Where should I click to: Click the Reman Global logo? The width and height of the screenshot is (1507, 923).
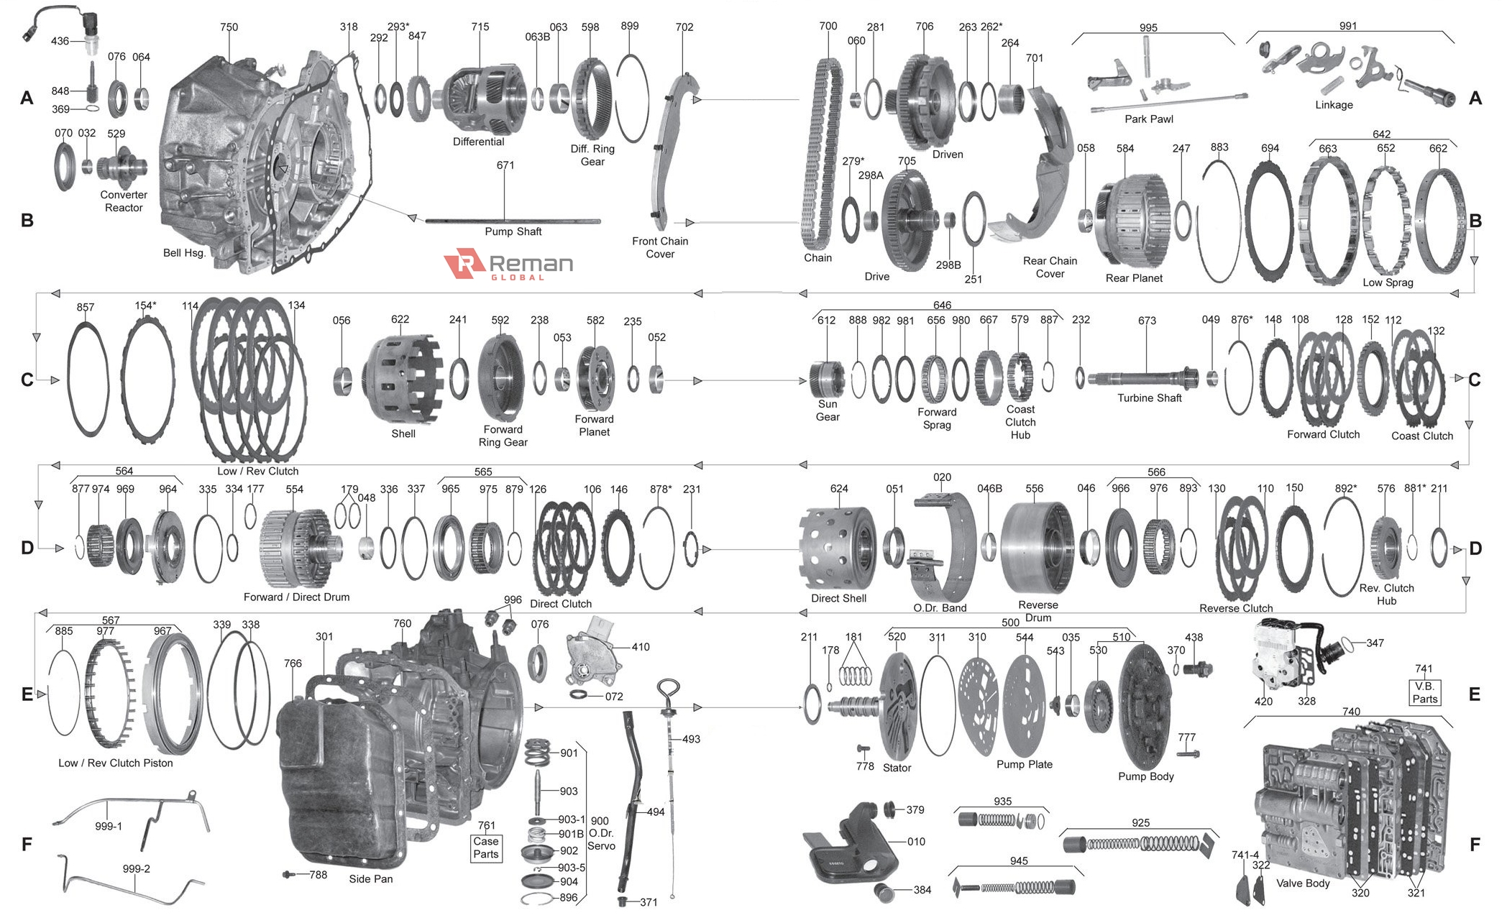click(508, 265)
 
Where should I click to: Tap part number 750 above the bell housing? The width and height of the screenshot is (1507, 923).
click(229, 27)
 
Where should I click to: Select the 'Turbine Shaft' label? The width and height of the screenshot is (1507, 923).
click(1149, 398)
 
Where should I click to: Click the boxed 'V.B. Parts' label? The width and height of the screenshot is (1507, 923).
click(1424, 692)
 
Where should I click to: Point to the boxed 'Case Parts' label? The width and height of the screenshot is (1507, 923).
click(486, 848)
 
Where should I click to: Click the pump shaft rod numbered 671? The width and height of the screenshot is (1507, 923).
click(512, 221)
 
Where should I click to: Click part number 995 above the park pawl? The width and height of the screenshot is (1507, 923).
click(1148, 27)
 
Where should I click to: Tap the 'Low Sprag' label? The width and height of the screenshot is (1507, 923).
click(1388, 283)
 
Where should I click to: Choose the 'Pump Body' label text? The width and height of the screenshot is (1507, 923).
click(1145, 776)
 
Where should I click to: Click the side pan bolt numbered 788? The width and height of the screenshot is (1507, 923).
click(289, 875)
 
